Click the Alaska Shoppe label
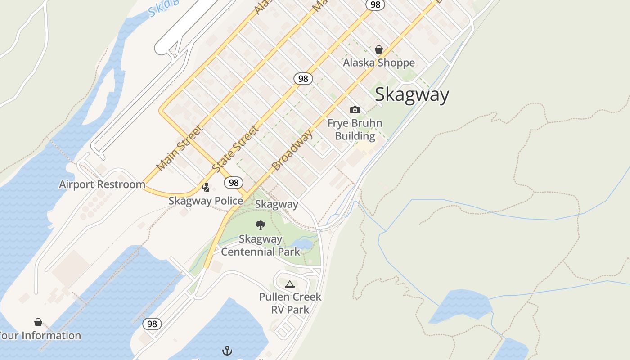(379, 63)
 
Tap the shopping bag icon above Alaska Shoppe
(379, 49)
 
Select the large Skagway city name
(412, 95)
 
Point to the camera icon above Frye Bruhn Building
(355, 110)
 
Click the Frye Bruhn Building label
(355, 130)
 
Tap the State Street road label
(235, 149)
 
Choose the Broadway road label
(292, 151)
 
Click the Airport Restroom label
(102, 184)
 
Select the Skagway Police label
(206, 201)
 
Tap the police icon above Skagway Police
(206, 187)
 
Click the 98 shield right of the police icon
(233, 182)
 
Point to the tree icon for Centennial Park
(260, 225)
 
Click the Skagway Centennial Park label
(261, 245)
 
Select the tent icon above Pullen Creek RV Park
(289, 284)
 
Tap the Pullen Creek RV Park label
(290, 303)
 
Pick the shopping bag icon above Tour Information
(38, 322)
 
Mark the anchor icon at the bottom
(227, 350)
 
